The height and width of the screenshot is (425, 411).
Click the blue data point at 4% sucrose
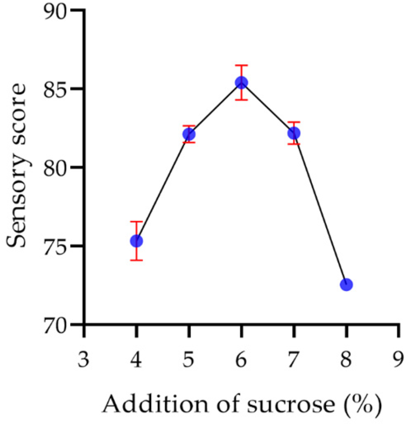pos(136,241)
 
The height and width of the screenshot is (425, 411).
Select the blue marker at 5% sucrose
pos(189,134)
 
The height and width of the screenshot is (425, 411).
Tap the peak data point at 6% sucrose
pos(241,82)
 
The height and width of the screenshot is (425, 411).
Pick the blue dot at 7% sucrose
pos(294,133)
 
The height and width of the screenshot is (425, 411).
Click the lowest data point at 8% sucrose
pos(346,285)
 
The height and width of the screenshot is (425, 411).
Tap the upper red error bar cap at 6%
pos(241,65)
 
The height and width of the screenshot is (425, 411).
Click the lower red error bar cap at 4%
pos(136,260)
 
